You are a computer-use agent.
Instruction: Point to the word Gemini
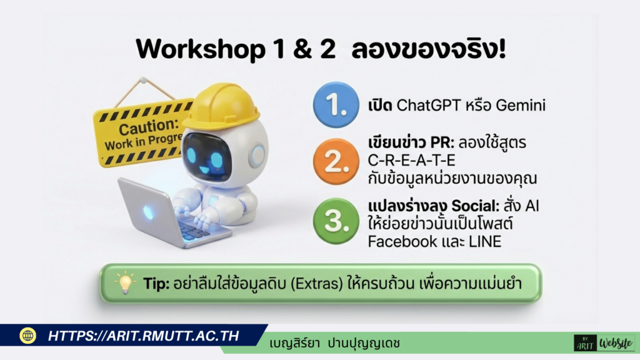[x=520, y=106]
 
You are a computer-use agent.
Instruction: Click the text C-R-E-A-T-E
[x=412, y=161]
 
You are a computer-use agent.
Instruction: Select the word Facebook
[x=403, y=241]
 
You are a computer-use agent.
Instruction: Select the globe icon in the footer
[x=27, y=336]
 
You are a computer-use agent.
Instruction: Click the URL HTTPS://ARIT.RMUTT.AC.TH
[x=144, y=336]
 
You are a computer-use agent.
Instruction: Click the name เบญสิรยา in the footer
[x=295, y=343]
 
